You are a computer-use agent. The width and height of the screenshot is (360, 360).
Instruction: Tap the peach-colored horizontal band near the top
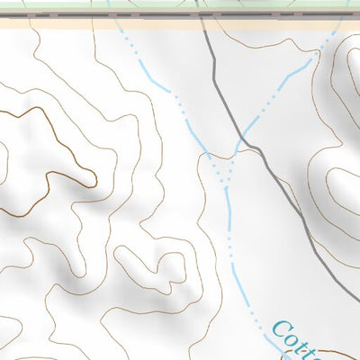(x=90, y=24)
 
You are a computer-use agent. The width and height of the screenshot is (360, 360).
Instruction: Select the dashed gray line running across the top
(x=135, y=16)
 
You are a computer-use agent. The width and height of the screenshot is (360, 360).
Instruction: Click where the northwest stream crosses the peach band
(x=120, y=24)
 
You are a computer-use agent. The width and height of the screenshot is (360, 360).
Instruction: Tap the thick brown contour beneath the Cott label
(x=333, y=354)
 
